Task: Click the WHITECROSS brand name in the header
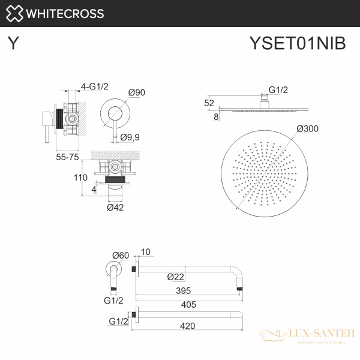[66, 13]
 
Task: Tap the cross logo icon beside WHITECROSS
[16, 13]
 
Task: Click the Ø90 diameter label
[137, 92]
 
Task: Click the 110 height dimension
[81, 178]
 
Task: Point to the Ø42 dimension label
[115, 208]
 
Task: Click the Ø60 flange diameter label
[121, 255]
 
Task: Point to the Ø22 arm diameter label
[175, 277]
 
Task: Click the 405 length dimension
[189, 304]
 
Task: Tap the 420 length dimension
[189, 327]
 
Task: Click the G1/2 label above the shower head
[278, 90]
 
